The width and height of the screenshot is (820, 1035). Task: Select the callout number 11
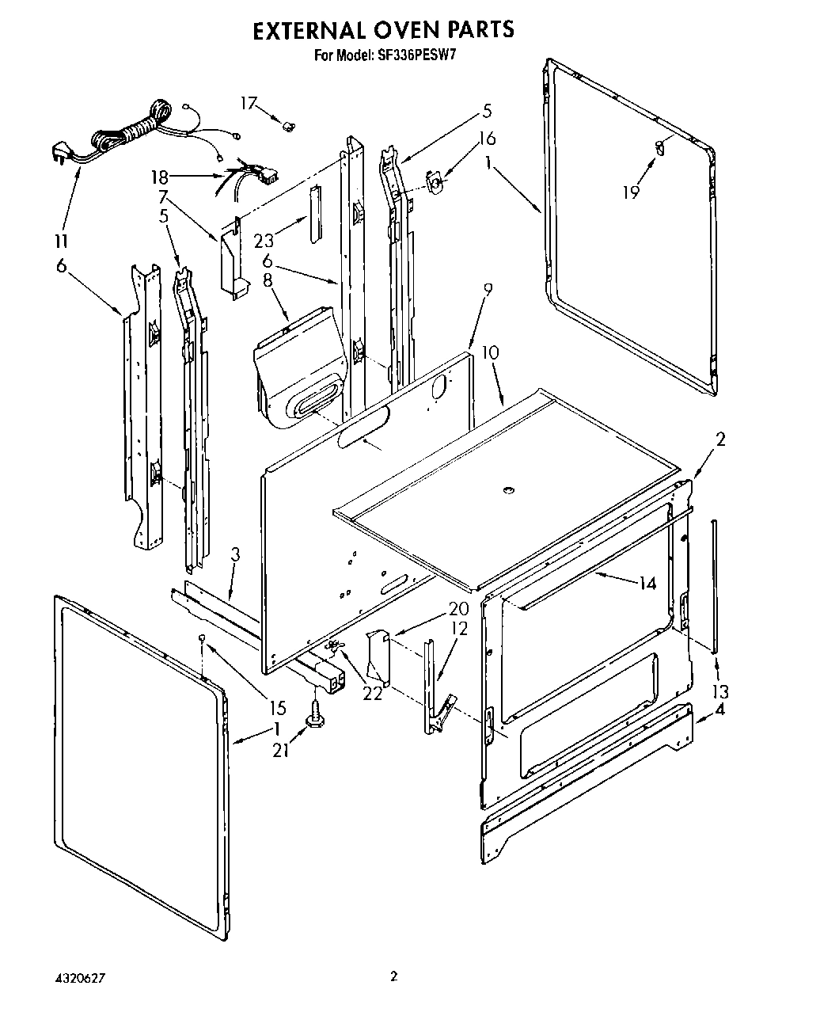tap(61, 242)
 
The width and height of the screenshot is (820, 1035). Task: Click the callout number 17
tap(249, 103)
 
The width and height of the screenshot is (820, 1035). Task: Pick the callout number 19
tap(630, 192)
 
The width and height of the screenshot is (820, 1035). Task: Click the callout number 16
tap(487, 139)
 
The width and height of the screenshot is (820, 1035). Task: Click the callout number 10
tap(490, 352)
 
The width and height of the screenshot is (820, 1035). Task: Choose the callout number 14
tap(647, 583)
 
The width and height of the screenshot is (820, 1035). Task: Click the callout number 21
tap(280, 750)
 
